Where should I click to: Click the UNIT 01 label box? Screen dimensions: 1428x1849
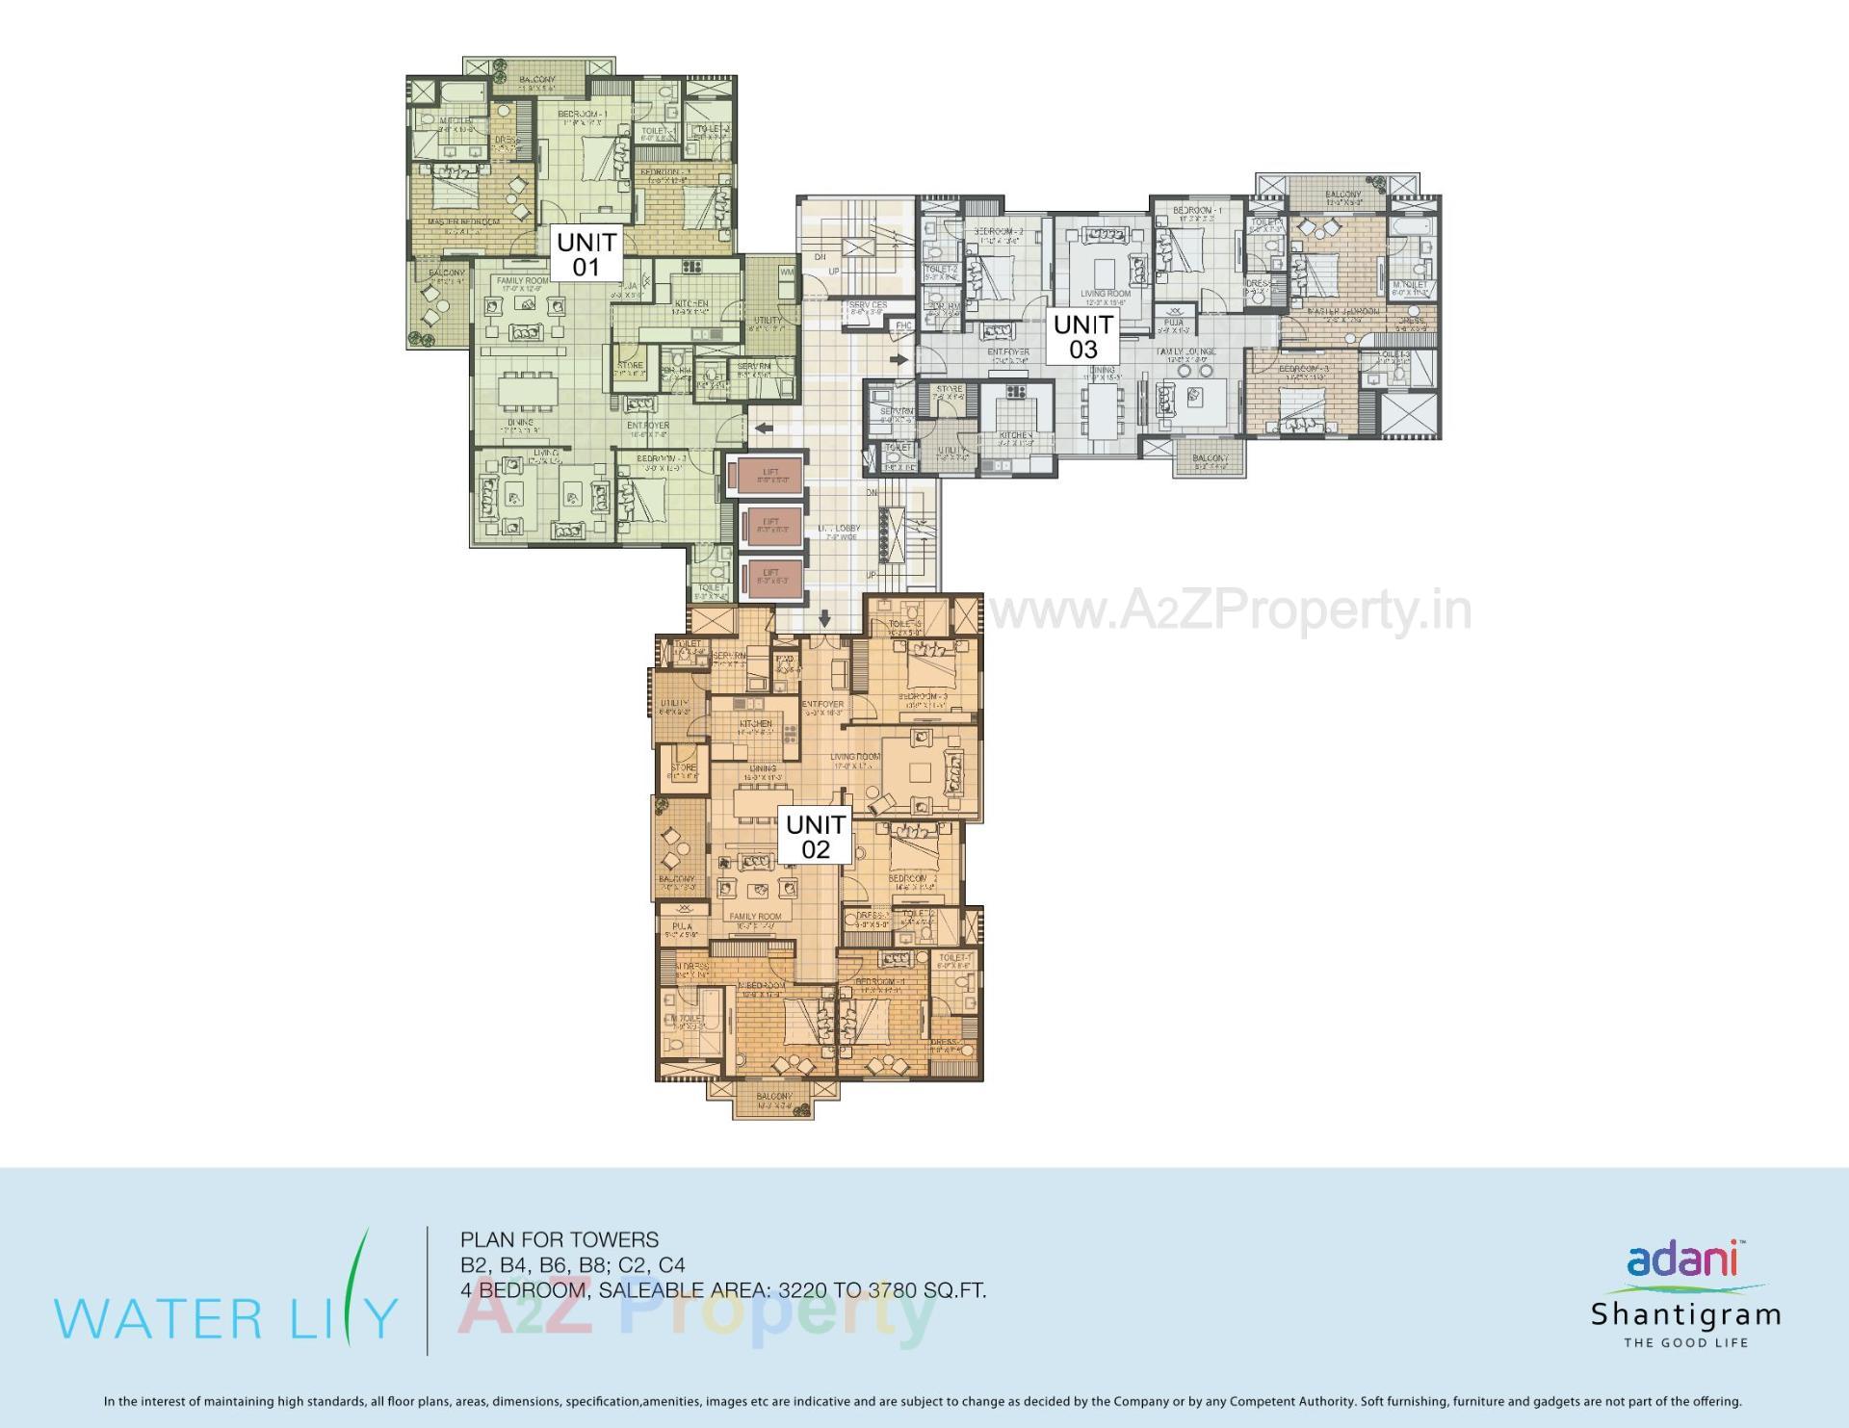[586, 254]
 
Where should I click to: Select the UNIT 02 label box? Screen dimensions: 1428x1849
[815, 837]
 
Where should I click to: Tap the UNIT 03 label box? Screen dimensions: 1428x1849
[1082, 337]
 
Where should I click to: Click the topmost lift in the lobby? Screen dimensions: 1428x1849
[769, 475]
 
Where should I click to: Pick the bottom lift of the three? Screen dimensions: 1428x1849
[770, 576]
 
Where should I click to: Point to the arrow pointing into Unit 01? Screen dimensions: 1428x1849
[765, 428]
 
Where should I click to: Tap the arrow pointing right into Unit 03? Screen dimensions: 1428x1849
[899, 360]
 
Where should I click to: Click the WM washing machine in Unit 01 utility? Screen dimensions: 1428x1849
[787, 273]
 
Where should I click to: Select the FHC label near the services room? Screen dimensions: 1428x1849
[902, 325]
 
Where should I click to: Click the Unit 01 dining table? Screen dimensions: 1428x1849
[520, 392]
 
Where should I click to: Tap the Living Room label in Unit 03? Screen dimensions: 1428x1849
[1105, 294]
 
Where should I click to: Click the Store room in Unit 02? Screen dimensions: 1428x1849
[683, 770]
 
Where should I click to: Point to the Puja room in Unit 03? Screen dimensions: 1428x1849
[1173, 324]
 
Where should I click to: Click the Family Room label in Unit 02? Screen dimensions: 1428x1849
[755, 917]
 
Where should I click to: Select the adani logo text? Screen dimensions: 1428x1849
[1681, 1259]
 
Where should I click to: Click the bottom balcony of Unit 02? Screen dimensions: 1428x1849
[774, 1100]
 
